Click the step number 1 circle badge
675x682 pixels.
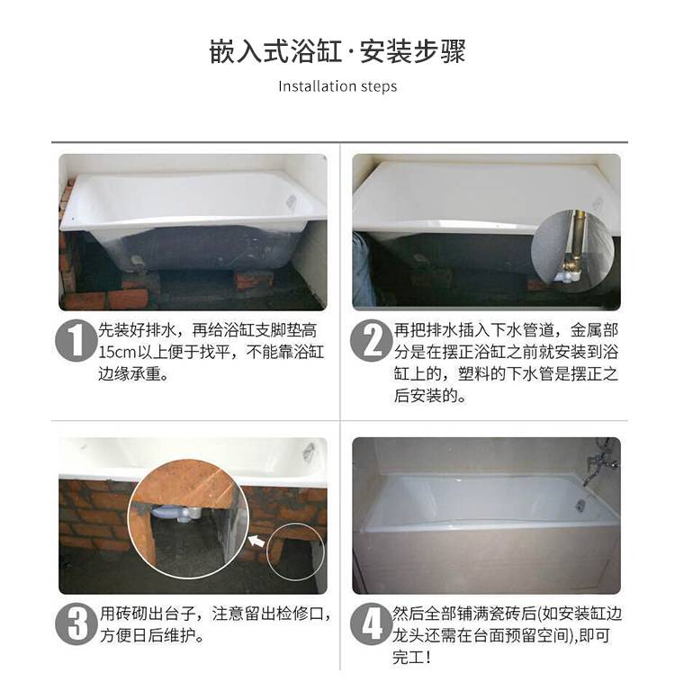click(76, 341)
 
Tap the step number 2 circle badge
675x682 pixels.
click(371, 341)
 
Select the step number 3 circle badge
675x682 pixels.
click(76, 624)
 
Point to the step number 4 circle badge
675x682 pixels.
click(371, 624)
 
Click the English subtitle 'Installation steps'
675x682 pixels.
click(337, 86)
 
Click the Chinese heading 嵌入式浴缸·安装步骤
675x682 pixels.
click(337, 51)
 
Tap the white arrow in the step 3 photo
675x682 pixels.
click(257, 541)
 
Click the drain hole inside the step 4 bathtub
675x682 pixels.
click(580, 505)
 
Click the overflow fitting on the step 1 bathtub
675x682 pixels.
click(292, 202)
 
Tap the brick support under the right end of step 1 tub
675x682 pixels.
click(254, 280)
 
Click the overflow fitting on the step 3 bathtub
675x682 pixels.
click(309, 450)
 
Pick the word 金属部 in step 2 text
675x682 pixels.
click(594, 330)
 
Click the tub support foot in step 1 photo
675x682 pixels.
click(138, 261)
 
